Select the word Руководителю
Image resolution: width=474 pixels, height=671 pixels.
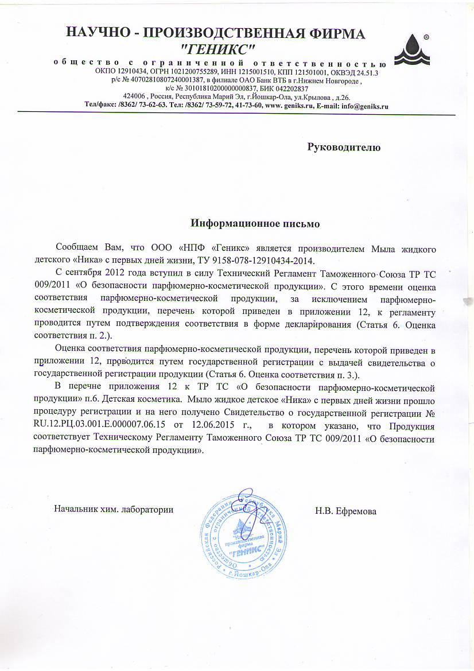(344, 147)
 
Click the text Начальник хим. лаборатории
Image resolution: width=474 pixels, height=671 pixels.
(114, 509)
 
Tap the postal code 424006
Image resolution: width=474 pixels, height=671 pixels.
(134, 96)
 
